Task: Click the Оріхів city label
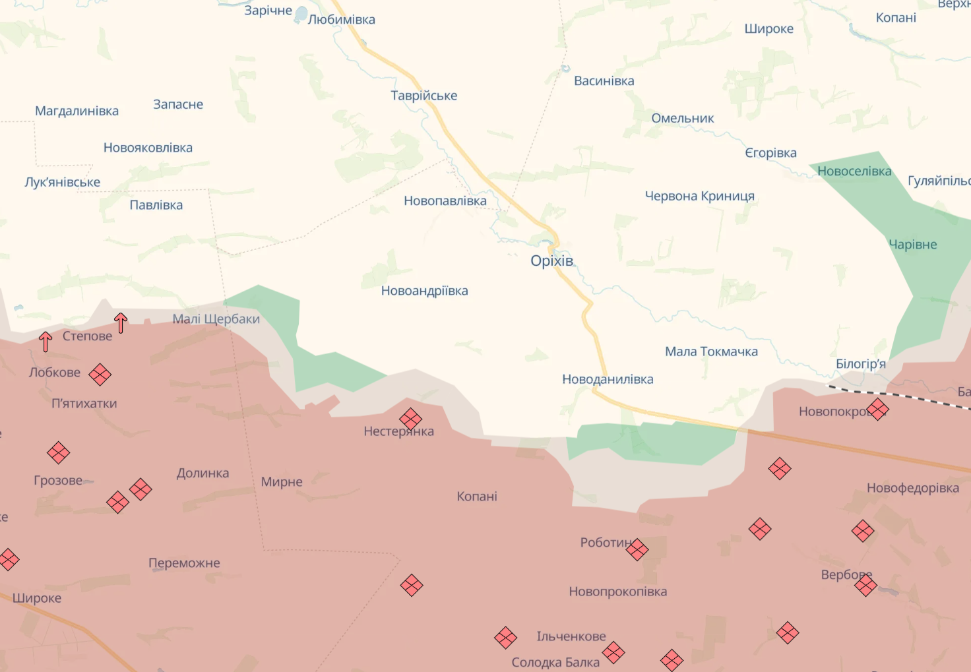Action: (x=551, y=260)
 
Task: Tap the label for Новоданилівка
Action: (x=608, y=379)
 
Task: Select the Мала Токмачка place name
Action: (x=711, y=351)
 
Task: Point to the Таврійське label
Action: (x=423, y=96)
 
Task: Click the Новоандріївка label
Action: (x=424, y=291)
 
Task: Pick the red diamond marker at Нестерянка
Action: (x=410, y=418)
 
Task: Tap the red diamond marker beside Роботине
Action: (x=637, y=549)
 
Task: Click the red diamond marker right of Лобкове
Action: (x=100, y=375)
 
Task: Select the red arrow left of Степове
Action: (x=45, y=341)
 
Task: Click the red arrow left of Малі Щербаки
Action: (x=121, y=322)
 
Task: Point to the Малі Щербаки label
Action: (x=216, y=319)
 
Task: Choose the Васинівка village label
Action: (x=604, y=81)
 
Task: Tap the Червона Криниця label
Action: (x=699, y=196)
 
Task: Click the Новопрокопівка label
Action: (x=617, y=592)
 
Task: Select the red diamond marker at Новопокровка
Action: (x=877, y=410)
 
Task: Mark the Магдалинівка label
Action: (x=77, y=111)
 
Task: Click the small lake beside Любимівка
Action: (x=301, y=13)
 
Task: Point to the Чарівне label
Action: (x=912, y=245)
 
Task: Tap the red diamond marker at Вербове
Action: (x=865, y=585)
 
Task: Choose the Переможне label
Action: (x=184, y=563)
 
